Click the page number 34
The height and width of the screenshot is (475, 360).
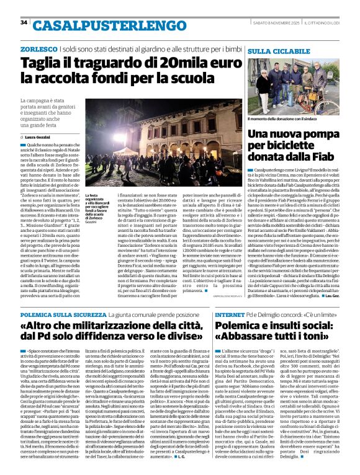pyautogui.click(x=24, y=22)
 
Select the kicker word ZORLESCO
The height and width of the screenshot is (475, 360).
pyautogui.click(x=38, y=48)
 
